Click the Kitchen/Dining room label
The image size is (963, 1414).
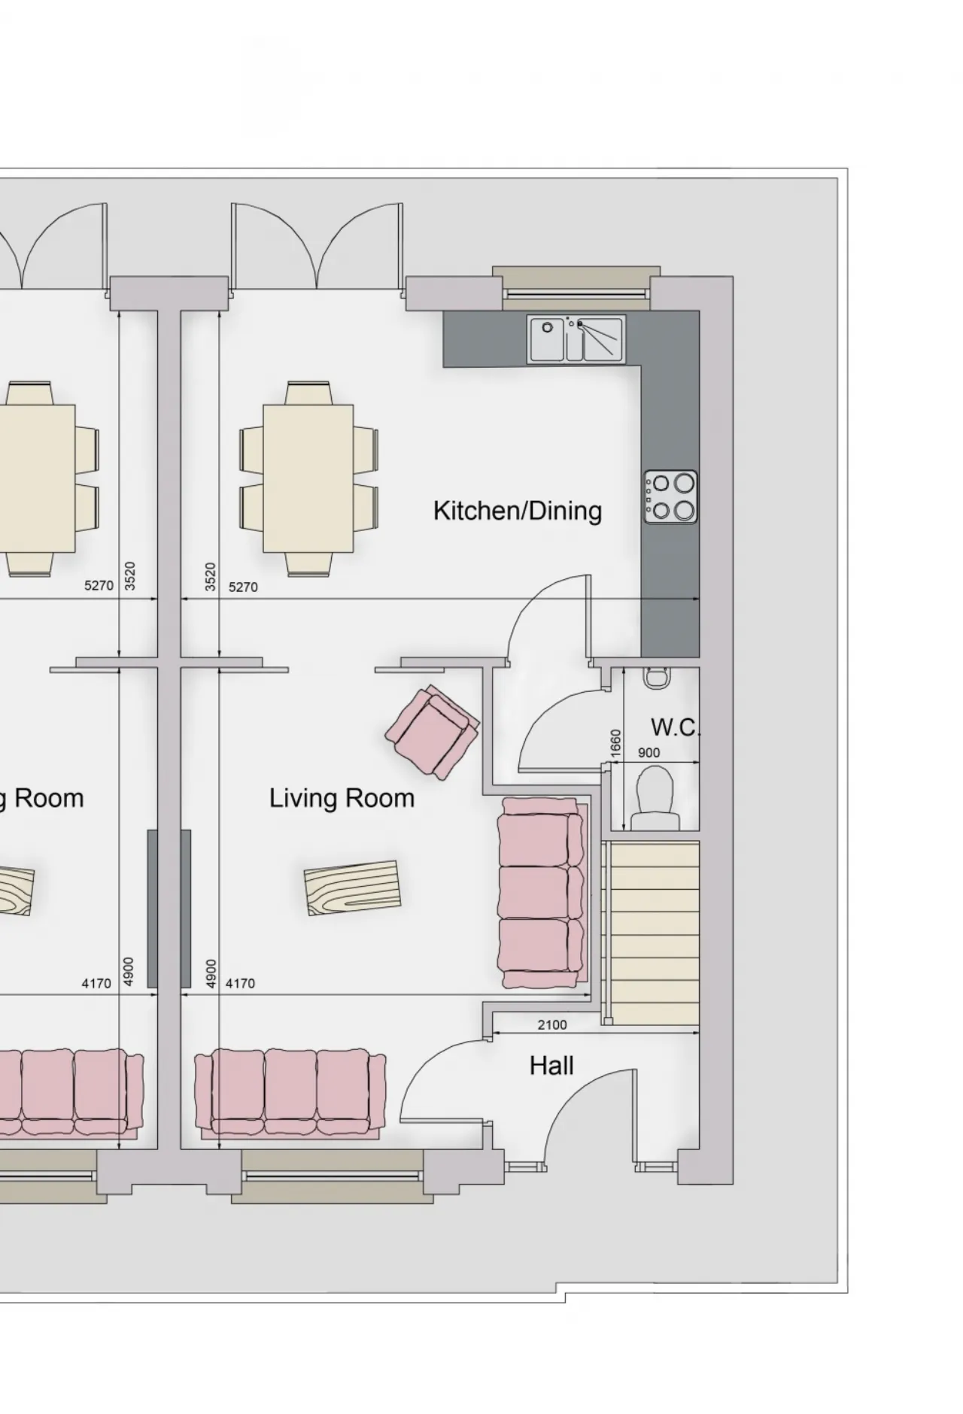pos(518,511)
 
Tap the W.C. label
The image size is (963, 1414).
pos(676,727)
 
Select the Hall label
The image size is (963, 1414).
pos(551,1066)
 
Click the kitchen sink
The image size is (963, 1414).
pos(576,339)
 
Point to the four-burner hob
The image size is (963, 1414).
pos(670,497)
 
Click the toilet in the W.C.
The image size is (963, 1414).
pos(654,798)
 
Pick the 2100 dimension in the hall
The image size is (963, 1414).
pos(552,1024)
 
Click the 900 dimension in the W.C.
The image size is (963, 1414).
pos(649,753)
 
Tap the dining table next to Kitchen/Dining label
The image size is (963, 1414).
pos(308,478)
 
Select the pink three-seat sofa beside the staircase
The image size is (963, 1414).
pos(541,893)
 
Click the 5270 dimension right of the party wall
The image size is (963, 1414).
pos(242,587)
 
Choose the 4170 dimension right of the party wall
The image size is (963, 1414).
pos(240,983)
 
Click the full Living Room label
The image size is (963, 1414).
pos(342,798)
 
